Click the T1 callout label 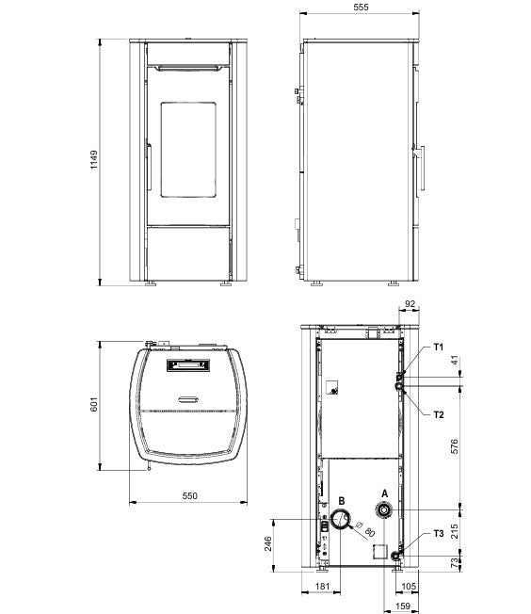[438, 347]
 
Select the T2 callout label [438, 414]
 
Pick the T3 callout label [438, 533]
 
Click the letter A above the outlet [383, 492]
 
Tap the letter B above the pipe [340, 500]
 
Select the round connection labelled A [384, 510]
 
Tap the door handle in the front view [147, 165]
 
